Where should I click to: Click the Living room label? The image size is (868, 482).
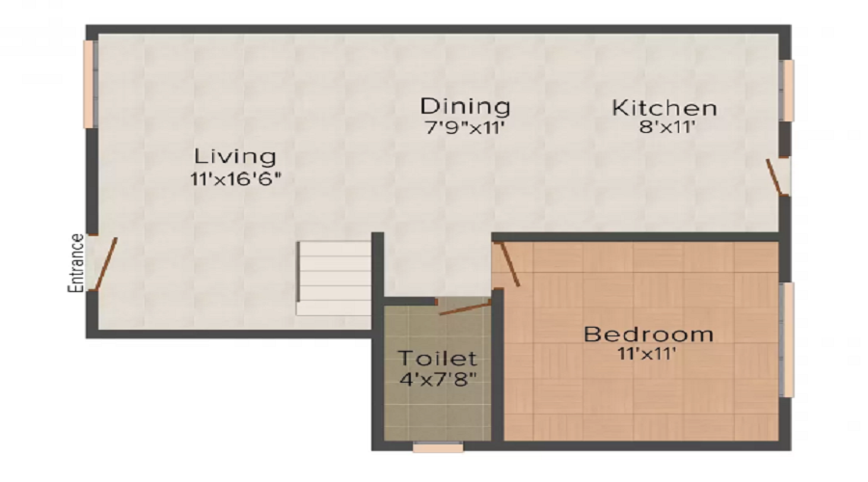coord(234,155)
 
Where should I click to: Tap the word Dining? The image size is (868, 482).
coord(464,105)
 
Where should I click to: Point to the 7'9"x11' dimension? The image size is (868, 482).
coord(464,126)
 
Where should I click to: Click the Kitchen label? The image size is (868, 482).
coord(665,107)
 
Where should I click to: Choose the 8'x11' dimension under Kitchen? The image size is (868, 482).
coord(665,127)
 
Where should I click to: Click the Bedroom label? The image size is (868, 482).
coord(649,335)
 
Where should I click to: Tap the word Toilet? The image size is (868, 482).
coord(437,359)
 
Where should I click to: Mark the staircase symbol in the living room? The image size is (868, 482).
coord(334,278)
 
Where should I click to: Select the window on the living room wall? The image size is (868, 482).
coord(89,84)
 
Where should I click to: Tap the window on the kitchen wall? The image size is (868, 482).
coord(787,91)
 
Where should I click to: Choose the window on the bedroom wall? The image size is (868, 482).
coord(787,339)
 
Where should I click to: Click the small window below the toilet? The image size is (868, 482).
coord(437,447)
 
